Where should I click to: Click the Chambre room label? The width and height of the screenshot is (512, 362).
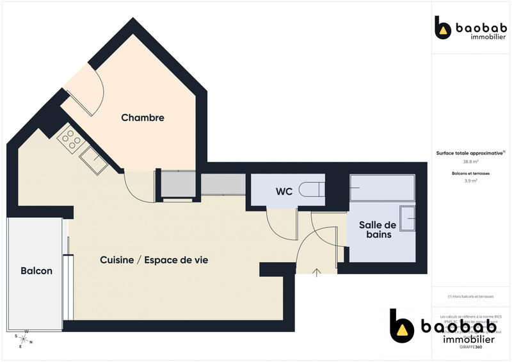[x=143, y=118]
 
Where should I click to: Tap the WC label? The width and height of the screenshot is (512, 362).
[x=285, y=192]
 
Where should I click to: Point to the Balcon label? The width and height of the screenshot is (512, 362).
[x=36, y=271]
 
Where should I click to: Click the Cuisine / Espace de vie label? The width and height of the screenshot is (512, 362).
[x=154, y=260]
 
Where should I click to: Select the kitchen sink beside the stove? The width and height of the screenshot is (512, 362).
[x=93, y=160]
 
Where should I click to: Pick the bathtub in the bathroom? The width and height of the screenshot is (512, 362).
[x=383, y=188]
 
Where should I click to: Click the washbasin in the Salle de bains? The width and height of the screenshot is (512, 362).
[x=407, y=220]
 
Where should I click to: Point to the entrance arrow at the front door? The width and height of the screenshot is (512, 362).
[x=317, y=272]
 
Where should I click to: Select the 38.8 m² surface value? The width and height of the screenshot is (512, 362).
[x=471, y=162]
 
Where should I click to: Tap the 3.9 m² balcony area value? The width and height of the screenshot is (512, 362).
[x=471, y=181]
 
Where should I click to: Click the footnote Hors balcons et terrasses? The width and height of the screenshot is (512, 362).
[x=470, y=297]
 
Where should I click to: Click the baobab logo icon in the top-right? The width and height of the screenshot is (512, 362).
[x=442, y=28]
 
